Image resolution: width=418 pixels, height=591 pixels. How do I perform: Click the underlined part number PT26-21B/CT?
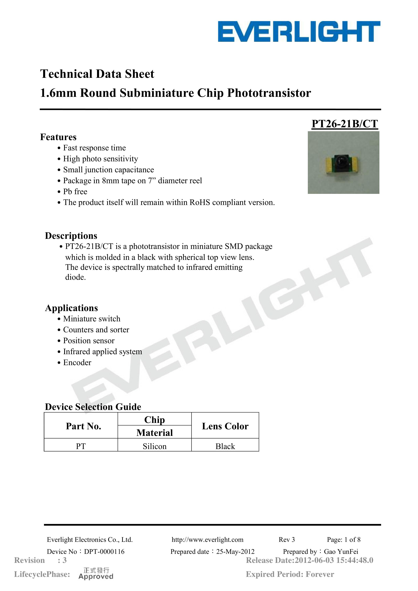pyautogui.click(x=345, y=124)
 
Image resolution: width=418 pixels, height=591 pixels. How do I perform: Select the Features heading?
pyautogui.click(x=58, y=137)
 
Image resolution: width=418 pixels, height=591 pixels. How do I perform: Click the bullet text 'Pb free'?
pyautogui.click(x=75, y=191)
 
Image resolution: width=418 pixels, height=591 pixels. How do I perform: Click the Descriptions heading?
pyautogui.click(x=71, y=235)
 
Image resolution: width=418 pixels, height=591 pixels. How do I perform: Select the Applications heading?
pyautogui.click(x=71, y=308)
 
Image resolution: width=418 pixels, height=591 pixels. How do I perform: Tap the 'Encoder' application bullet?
pyautogui.click(x=77, y=362)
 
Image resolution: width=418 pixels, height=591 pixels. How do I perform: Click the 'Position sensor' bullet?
pyautogui.click(x=89, y=341)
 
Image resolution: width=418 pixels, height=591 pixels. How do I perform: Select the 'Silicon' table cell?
pyautogui.click(x=154, y=446)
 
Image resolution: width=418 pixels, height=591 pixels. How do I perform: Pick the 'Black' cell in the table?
pyautogui.click(x=225, y=446)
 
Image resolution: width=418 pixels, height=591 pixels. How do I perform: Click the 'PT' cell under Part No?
pyautogui.click(x=81, y=446)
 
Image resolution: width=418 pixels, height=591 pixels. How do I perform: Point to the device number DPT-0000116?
pyautogui.click(x=104, y=551)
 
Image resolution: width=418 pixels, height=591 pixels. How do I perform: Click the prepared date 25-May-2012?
pyautogui.click(x=235, y=552)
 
